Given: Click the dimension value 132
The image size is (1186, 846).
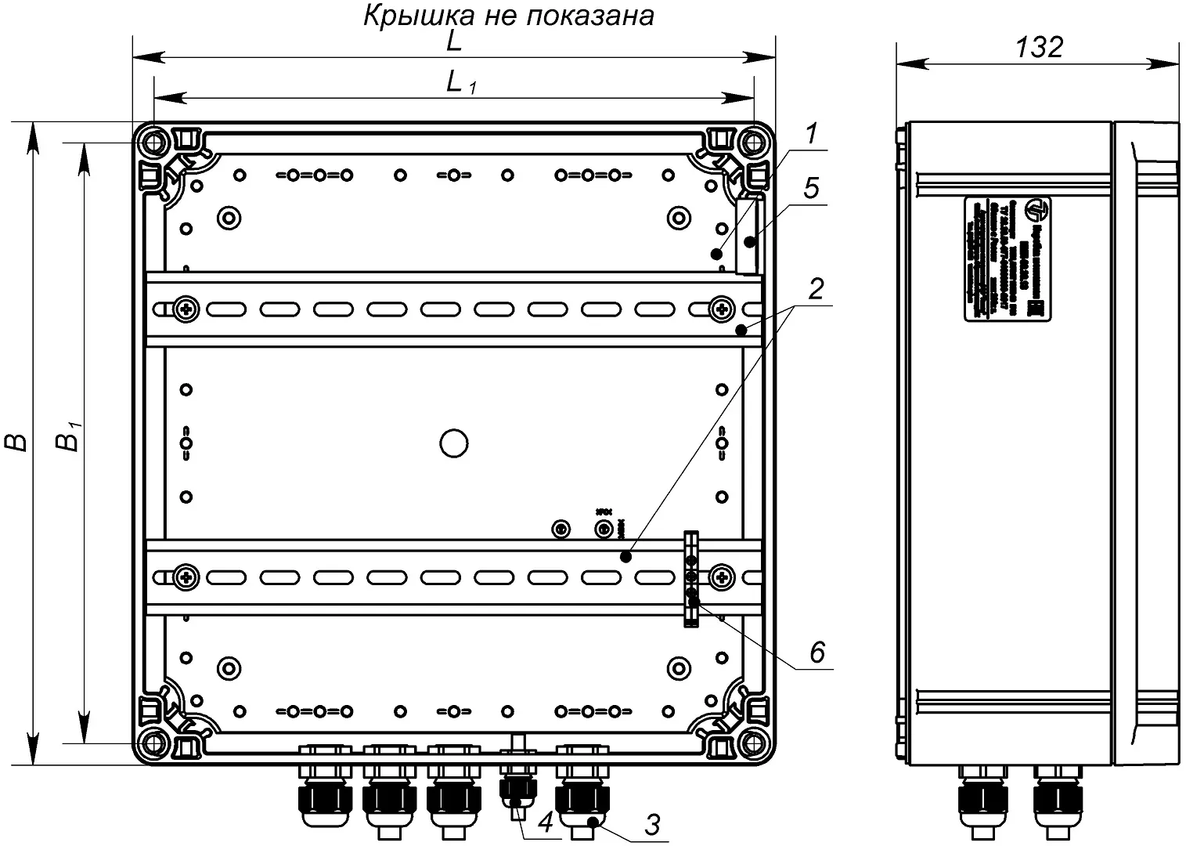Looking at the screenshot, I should [1039, 47].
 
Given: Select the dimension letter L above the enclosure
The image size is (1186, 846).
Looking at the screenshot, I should [454, 41].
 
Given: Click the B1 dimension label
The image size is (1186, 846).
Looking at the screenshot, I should [70, 437].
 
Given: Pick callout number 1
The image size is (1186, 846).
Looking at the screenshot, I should [812, 134].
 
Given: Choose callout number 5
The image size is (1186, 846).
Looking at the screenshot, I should [811, 188].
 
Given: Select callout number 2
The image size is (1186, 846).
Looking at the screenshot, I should [816, 289].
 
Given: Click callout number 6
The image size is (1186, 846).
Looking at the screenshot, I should [817, 652].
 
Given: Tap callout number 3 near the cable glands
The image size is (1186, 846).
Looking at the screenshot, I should [652, 824].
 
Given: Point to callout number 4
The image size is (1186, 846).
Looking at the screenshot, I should [545, 822].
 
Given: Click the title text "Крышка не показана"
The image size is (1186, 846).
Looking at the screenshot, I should [508, 15].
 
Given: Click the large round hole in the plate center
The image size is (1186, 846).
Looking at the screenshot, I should [453, 443].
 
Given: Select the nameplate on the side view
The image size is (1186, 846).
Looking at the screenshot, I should [1007, 259].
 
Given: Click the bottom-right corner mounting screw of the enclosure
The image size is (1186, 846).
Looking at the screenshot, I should [753, 740].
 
